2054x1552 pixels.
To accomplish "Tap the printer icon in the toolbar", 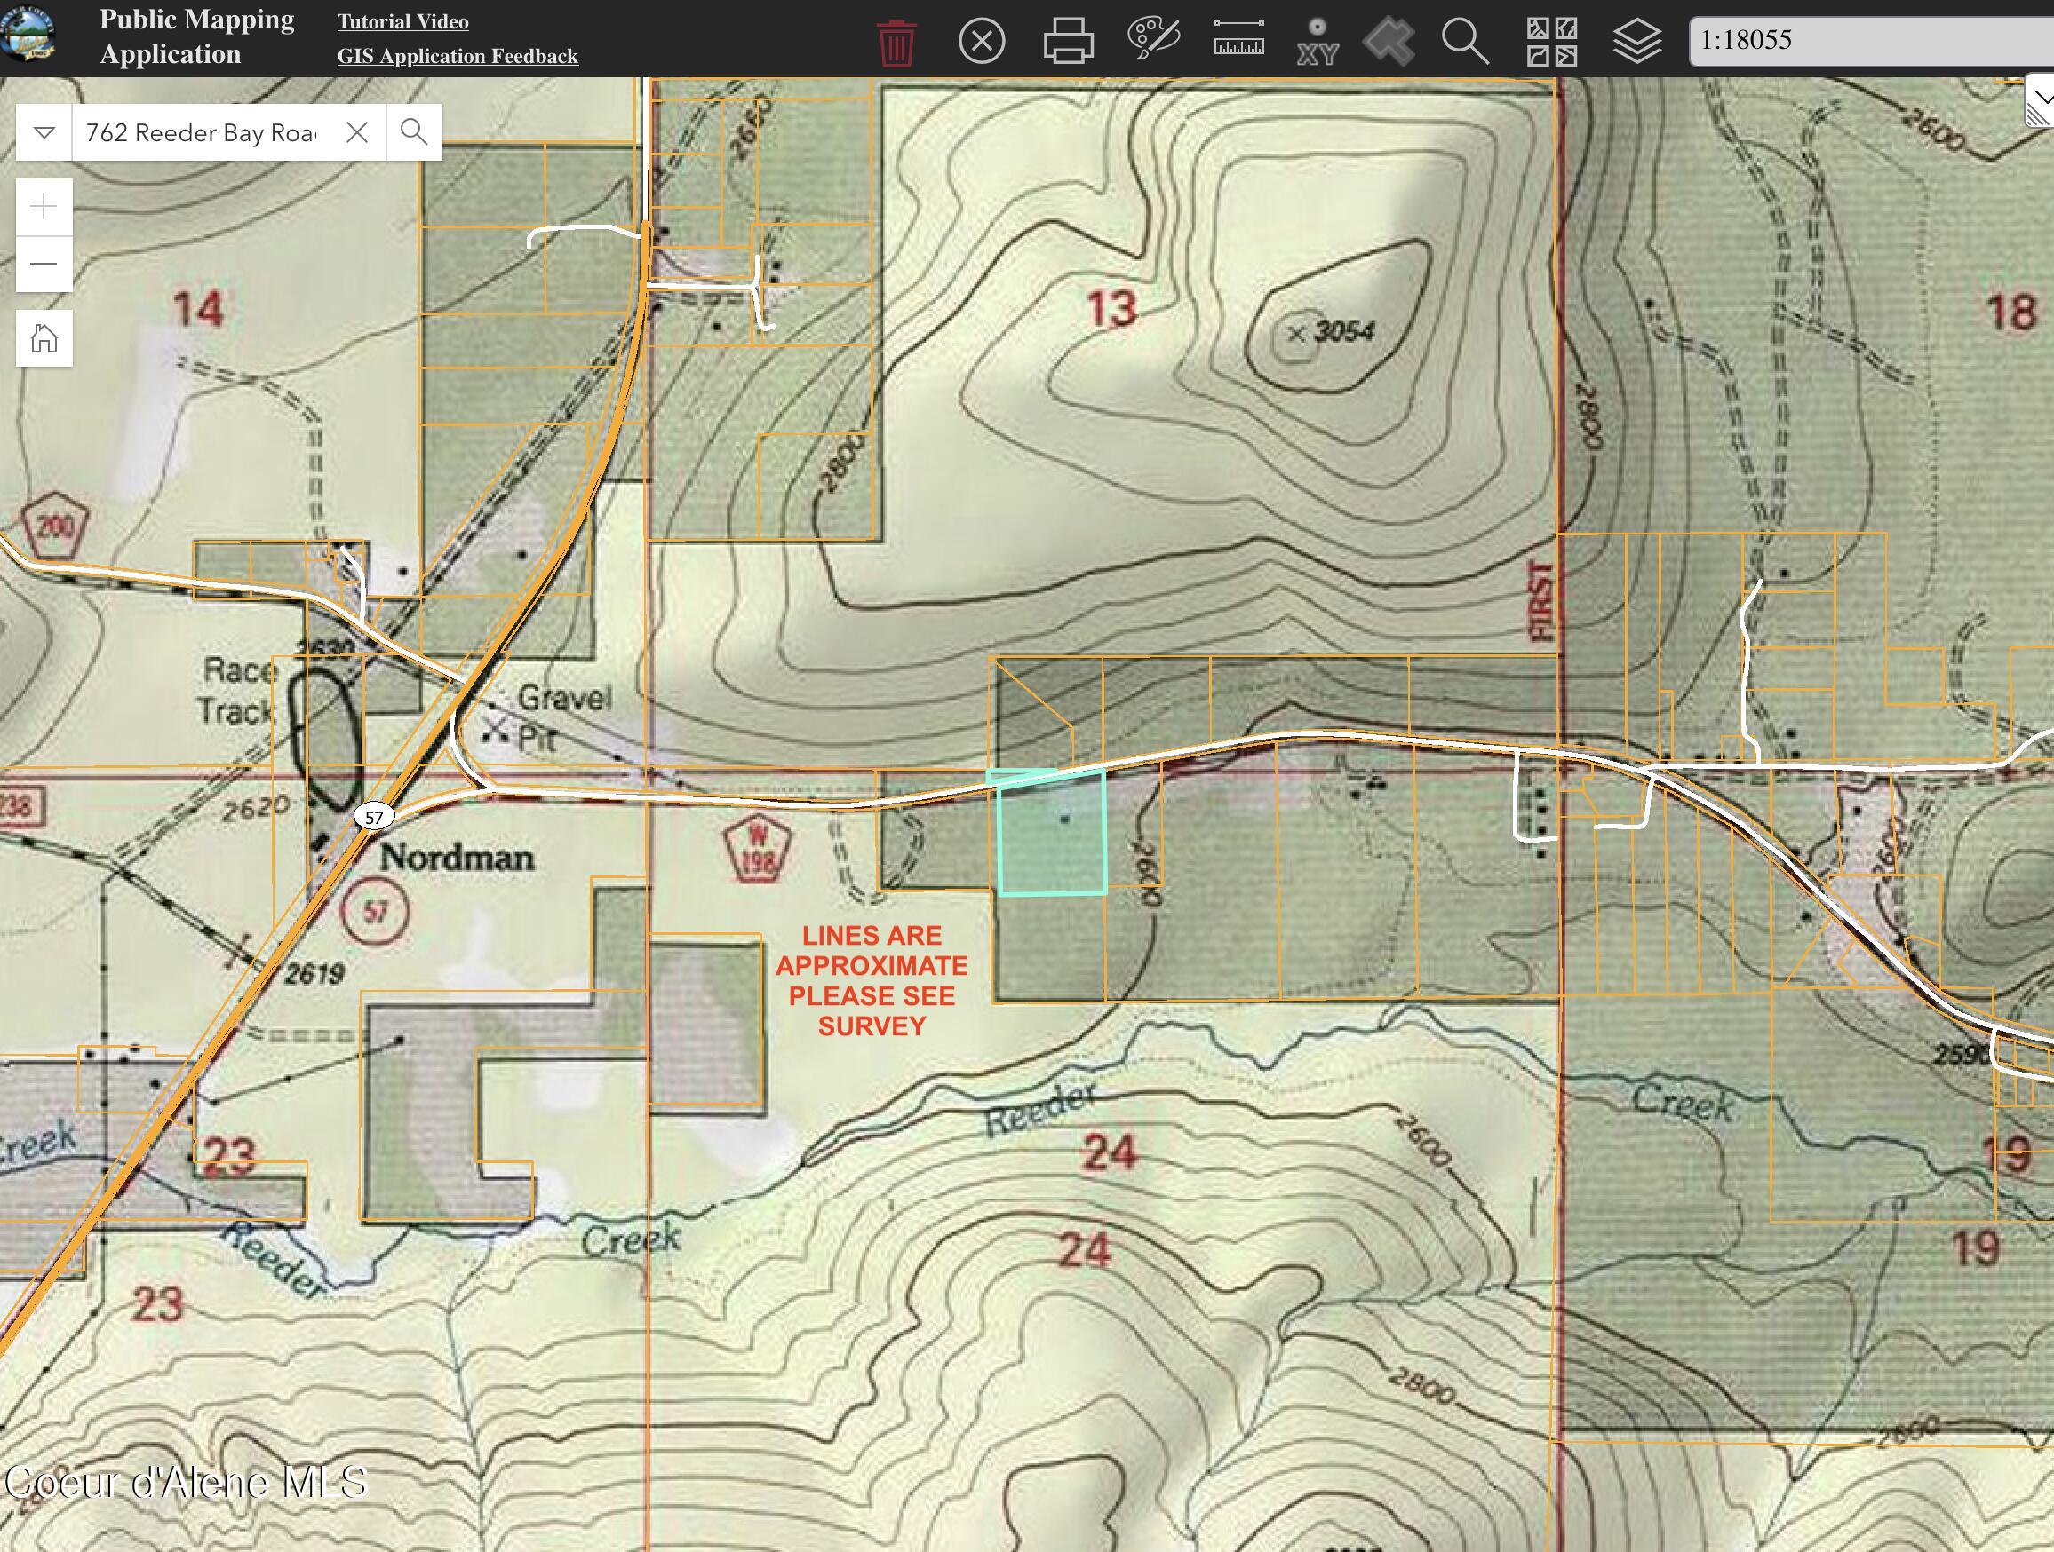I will (x=1068, y=42).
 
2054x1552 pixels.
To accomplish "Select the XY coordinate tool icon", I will (x=1317, y=42).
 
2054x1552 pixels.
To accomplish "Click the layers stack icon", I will (x=1636, y=42).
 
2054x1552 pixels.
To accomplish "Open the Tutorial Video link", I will (x=403, y=21).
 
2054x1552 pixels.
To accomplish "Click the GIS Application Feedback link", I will (x=457, y=56).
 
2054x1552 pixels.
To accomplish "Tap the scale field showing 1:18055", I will (x=1867, y=40).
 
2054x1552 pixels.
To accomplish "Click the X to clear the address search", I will (x=356, y=133).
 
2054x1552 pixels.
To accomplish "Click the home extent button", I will (x=44, y=338).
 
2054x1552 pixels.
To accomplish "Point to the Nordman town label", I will (x=456, y=857).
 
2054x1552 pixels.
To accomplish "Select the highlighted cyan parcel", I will (x=1051, y=835).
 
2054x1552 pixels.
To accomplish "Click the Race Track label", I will (x=238, y=691).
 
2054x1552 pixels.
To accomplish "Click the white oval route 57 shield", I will (x=373, y=818).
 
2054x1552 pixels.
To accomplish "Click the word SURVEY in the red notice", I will (x=871, y=1026).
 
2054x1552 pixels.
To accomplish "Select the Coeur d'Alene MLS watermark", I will (x=186, y=1483).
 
